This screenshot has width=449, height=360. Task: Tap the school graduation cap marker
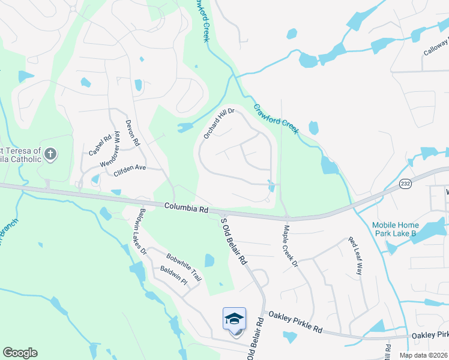tap(235, 319)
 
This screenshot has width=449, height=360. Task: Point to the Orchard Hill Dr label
tap(218, 124)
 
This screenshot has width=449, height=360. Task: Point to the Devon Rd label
tap(132, 133)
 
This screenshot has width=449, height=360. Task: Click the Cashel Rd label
tap(100, 145)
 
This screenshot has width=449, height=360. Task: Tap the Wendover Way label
tap(110, 152)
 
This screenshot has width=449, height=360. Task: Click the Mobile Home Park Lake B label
tap(402, 229)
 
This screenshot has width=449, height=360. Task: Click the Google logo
tap(20, 353)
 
